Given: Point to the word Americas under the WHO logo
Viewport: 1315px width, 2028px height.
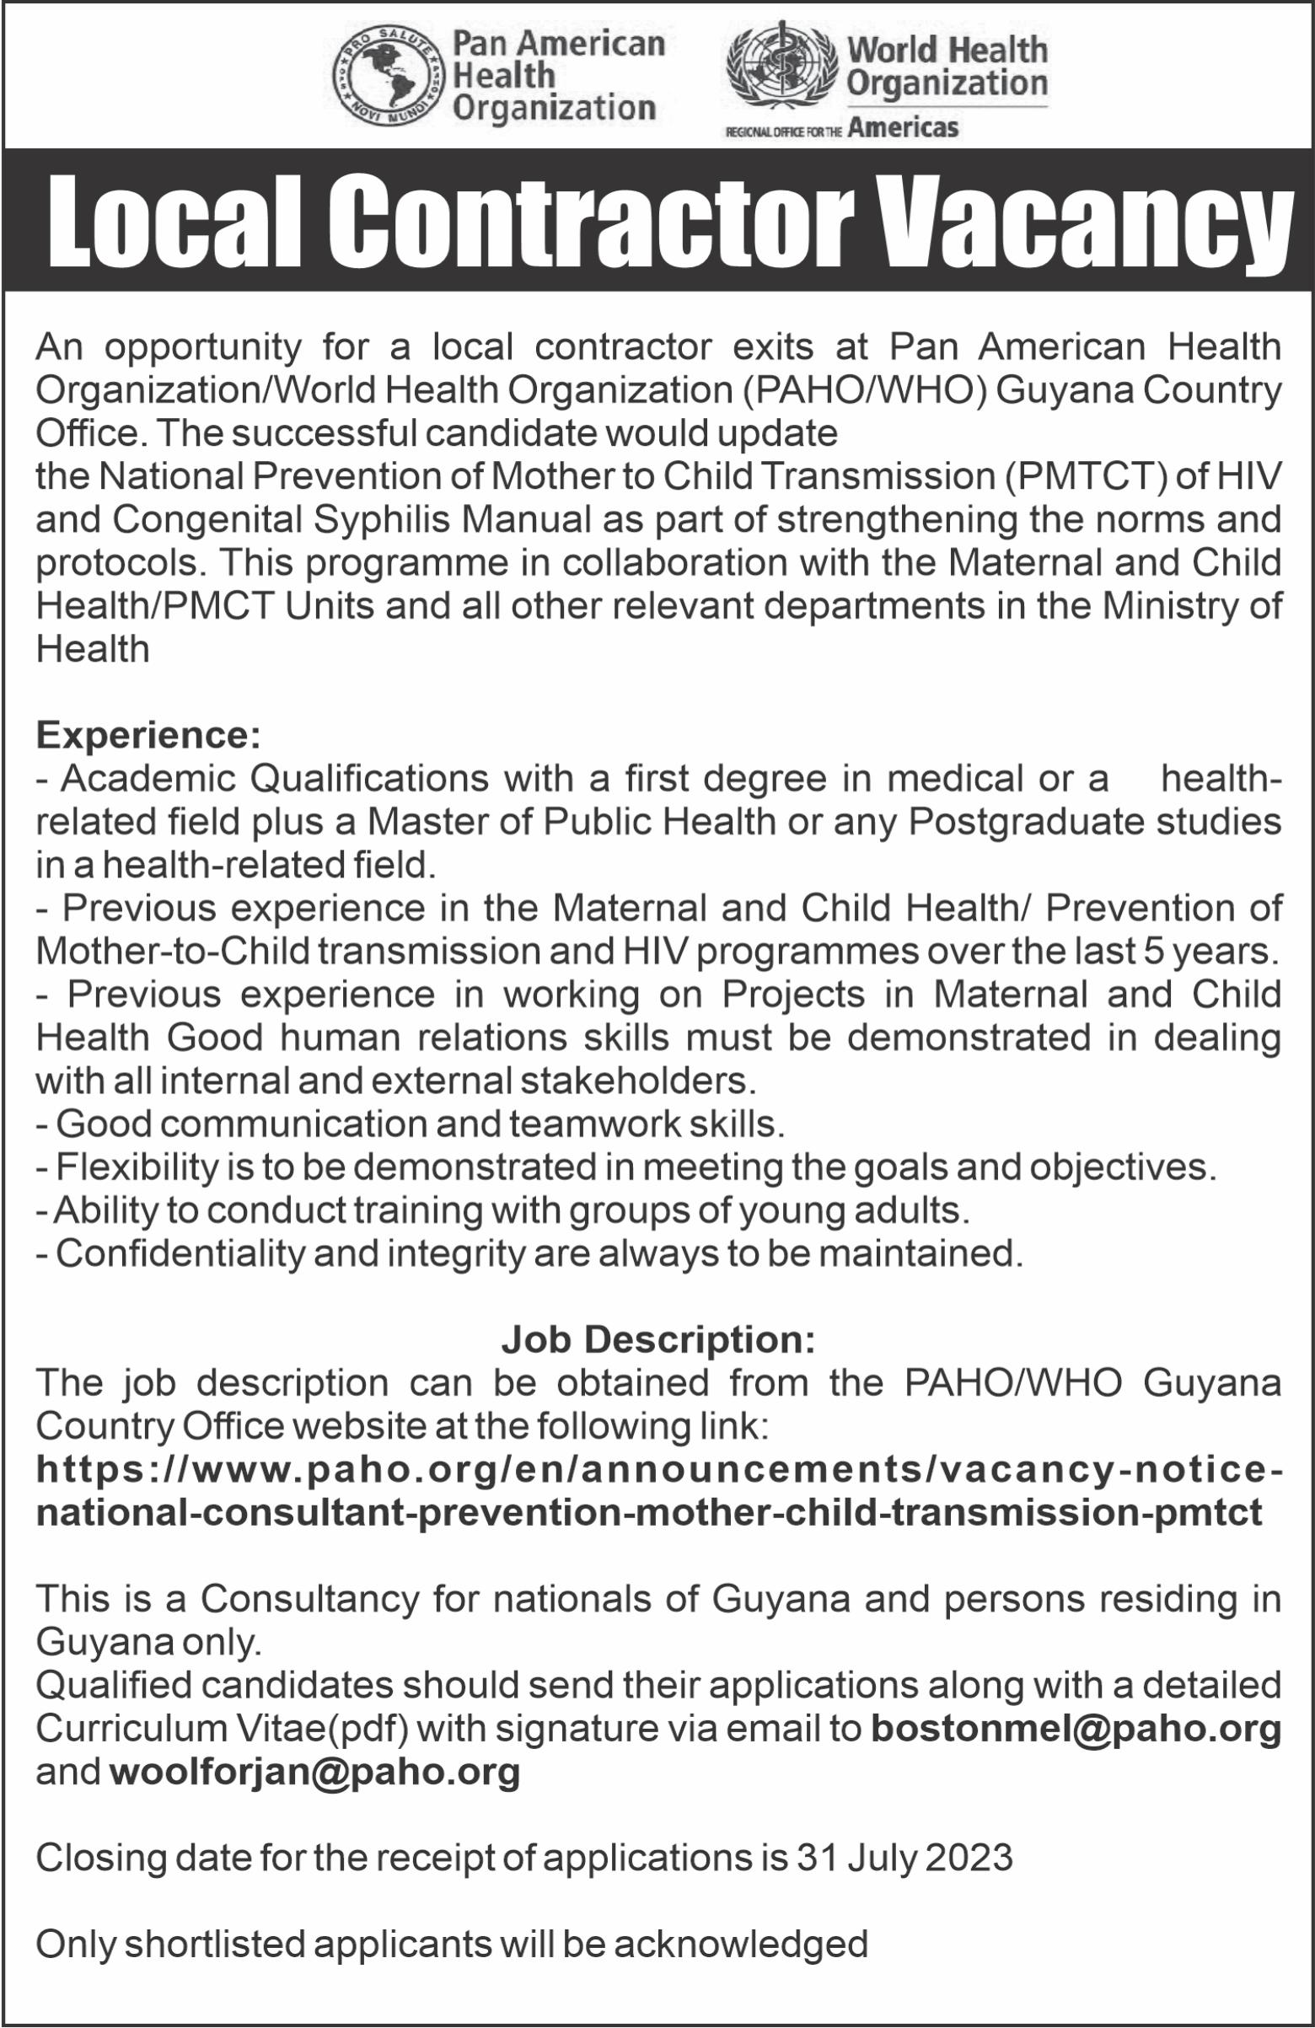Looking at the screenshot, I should (x=904, y=128).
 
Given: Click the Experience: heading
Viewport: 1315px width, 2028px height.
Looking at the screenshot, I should (x=148, y=735).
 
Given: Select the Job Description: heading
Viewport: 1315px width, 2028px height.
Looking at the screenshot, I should (x=658, y=1339).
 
